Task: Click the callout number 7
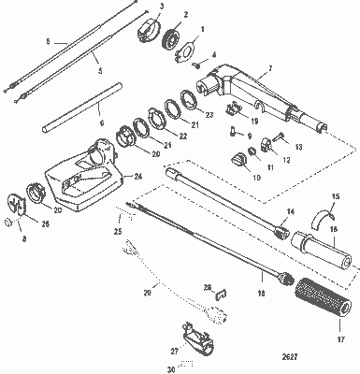click(x=269, y=70)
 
